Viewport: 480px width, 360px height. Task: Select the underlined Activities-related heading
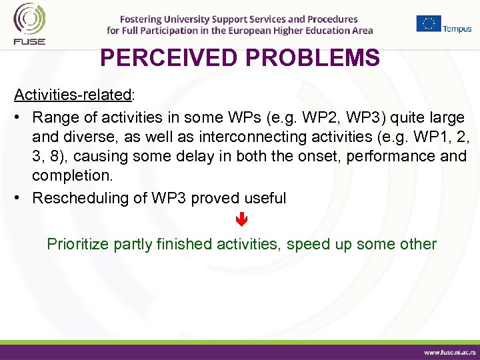coord(73,95)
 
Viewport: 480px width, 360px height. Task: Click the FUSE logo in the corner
coord(26,23)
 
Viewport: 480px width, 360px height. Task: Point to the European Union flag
coord(429,23)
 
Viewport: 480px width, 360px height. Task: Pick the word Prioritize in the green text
coord(78,244)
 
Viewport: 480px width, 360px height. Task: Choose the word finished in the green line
coord(184,244)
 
